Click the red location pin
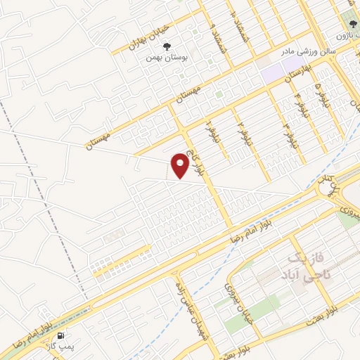click(x=181, y=166)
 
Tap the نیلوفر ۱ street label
click(x=209, y=129)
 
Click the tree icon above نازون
click(x=352, y=23)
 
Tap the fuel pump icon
click(x=61, y=336)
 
